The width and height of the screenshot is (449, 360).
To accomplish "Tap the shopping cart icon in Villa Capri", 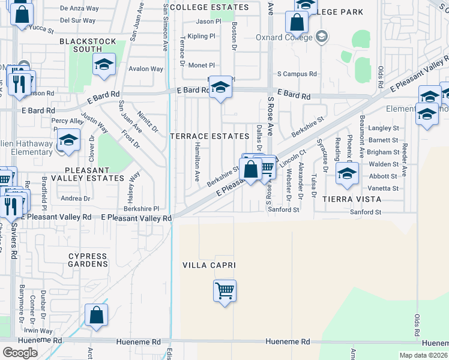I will tap(225, 291).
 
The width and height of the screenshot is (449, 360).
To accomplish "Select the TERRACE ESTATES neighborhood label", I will tap(209, 136).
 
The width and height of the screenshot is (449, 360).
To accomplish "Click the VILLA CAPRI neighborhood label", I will tap(209, 265).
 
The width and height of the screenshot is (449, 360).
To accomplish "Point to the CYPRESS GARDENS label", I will tap(88, 260).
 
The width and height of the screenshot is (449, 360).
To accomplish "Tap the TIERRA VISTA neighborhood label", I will tap(352, 199).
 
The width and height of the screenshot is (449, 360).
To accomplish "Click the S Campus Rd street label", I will tap(297, 74).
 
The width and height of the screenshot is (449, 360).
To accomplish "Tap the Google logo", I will tap(20, 352).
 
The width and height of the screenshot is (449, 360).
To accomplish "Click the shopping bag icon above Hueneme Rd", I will tap(96, 316).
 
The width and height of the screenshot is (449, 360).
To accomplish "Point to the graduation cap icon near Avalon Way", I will tap(104, 64).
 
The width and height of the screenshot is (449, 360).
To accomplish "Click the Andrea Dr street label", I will tap(76, 198).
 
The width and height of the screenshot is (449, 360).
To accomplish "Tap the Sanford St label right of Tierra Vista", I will tap(366, 212).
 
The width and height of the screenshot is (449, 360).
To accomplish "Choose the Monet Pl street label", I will tap(202, 65).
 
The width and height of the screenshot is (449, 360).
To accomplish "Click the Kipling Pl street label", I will tap(202, 36).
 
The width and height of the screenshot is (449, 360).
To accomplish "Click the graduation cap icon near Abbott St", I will tap(347, 173).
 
